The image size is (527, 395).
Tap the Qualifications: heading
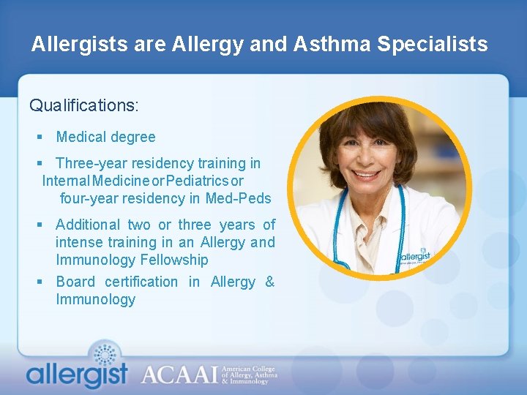pyautogui.click(x=84, y=105)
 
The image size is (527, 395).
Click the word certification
pyautogui.click(x=141, y=282)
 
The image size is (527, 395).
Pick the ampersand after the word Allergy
pyautogui.click(x=269, y=282)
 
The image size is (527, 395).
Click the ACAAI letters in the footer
pyautogui.click(x=179, y=375)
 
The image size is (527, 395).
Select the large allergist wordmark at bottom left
pyautogui.click(x=77, y=375)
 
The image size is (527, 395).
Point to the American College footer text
pyautogui.click(x=250, y=370)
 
